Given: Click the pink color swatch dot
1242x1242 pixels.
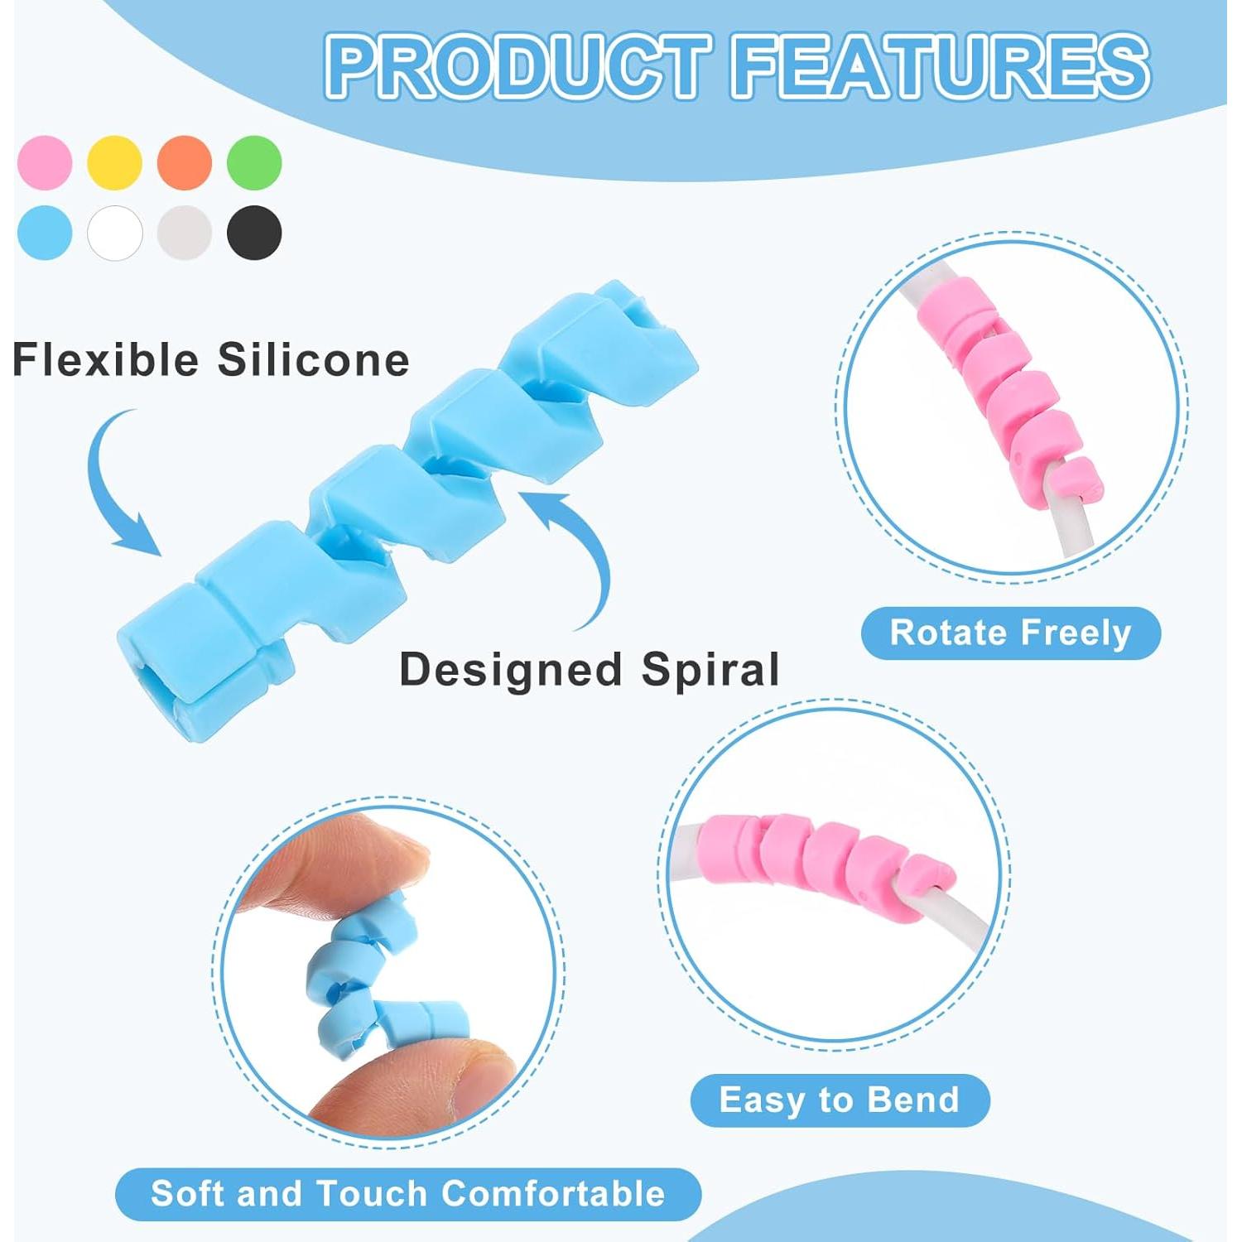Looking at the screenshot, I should [45, 162].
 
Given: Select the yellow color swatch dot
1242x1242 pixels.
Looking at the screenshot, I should [115, 162].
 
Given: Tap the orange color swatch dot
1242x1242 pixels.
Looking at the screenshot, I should [185, 162].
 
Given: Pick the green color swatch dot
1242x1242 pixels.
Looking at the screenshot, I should [255, 162].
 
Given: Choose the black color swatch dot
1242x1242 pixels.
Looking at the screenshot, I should [255, 233].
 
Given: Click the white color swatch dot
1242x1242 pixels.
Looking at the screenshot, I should [115, 233].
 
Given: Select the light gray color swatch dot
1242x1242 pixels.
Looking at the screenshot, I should [185, 233].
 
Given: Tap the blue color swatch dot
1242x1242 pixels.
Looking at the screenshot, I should [45, 233].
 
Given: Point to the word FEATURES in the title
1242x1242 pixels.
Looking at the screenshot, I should [940, 66].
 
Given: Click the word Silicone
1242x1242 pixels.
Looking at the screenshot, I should [313, 360].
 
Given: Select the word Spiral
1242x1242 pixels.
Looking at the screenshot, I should [710, 669].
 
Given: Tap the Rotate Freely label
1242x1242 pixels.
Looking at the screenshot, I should [1010, 633].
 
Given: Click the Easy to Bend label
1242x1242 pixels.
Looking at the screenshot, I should [840, 1100].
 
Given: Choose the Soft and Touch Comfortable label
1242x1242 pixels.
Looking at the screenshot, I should [407, 1194].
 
